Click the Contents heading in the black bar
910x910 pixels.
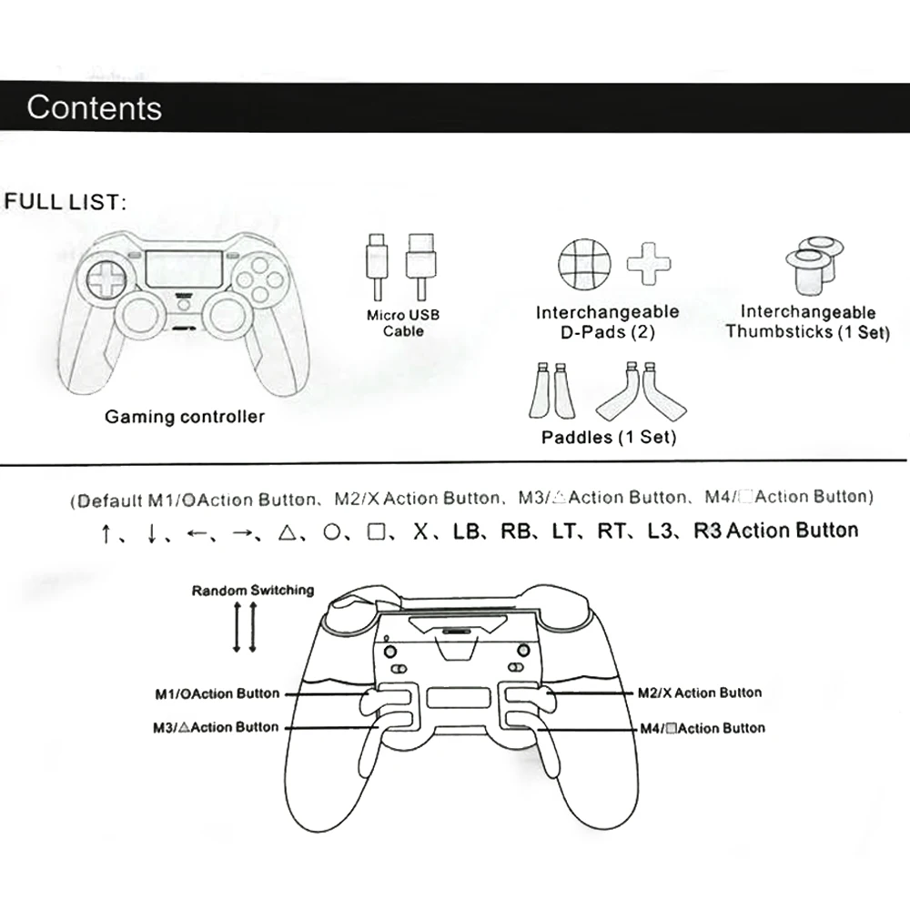[x=94, y=107]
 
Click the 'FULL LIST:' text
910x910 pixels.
[x=64, y=201]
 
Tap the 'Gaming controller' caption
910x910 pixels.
[x=185, y=417]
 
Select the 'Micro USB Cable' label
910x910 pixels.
[x=402, y=322]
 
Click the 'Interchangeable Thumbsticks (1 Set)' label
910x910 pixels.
[x=807, y=322]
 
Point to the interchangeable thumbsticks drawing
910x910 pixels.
[x=814, y=262]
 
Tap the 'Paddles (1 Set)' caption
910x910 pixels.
[x=609, y=437]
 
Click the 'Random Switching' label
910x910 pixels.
[x=252, y=590]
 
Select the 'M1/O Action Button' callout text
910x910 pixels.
[x=217, y=693]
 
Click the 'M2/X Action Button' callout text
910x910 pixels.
[x=700, y=693]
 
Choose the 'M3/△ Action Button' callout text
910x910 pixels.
[x=216, y=727]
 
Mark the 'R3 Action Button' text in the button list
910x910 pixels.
[x=775, y=531]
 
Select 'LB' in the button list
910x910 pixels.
[x=466, y=531]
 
